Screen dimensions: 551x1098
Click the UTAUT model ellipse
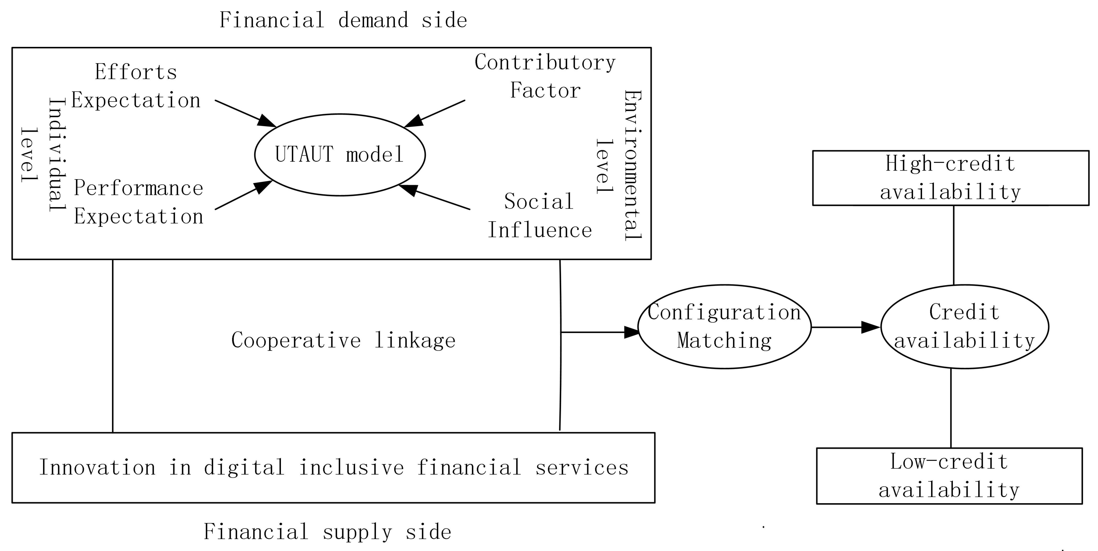pos(340,155)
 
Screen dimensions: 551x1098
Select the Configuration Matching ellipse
pos(724,327)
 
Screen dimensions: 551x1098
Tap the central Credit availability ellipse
pos(964,327)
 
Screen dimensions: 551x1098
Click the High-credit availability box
pos(951,178)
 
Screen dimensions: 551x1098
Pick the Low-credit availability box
pos(949,476)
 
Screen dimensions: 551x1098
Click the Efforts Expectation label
pos(135,86)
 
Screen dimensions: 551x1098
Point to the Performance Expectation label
pos(138,202)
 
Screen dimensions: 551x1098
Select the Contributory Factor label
pos(545,76)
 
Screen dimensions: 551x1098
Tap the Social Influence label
pos(539,216)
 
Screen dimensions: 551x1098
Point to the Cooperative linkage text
pos(343,340)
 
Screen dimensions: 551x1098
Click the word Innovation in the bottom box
pos(97,468)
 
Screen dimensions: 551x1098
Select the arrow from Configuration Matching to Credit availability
pos(846,327)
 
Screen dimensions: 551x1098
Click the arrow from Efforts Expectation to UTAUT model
pos(245,113)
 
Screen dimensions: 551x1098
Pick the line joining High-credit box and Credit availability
pos(954,245)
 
